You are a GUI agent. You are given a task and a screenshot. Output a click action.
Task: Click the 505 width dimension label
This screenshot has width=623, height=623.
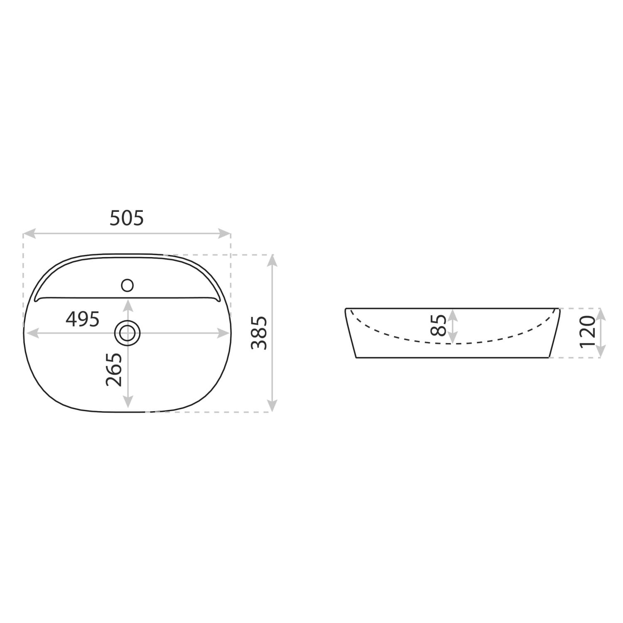pyautogui.click(x=127, y=218)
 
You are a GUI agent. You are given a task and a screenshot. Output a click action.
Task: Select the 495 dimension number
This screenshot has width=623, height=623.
pyautogui.click(x=83, y=319)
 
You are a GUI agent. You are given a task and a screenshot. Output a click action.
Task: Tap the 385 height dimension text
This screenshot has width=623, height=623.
pyautogui.click(x=260, y=333)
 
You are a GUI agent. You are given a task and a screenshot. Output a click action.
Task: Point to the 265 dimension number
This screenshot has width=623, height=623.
pyautogui.click(x=114, y=370)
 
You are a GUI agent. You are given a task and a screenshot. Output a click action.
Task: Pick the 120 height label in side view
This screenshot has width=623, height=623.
pyautogui.click(x=588, y=332)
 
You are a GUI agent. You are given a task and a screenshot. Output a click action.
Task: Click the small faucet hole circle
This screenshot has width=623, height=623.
pyautogui.click(x=127, y=285)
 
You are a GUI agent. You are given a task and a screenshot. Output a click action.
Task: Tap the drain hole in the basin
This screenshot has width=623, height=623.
pyautogui.click(x=128, y=333)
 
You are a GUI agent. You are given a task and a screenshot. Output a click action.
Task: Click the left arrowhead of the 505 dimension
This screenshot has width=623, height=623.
pyautogui.click(x=29, y=233)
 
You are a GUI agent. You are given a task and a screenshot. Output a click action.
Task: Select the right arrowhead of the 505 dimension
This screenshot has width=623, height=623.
pyautogui.click(x=225, y=233)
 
